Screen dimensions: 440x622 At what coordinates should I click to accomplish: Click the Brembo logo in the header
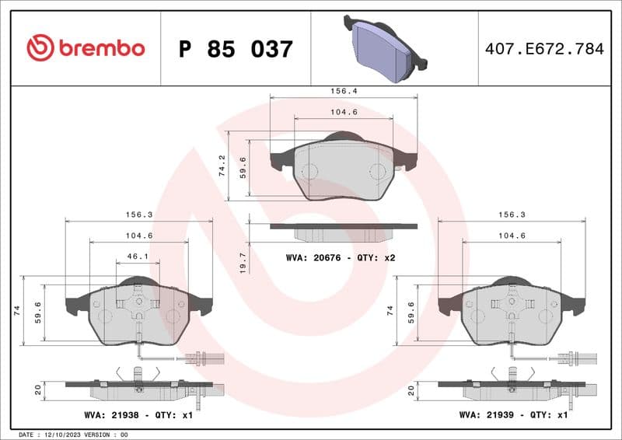[x=86, y=48]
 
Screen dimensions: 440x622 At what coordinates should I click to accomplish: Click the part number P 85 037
[x=236, y=49]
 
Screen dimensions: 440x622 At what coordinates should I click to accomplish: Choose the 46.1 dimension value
[x=138, y=256]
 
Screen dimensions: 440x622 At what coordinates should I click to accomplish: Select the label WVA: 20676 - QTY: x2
[x=341, y=257]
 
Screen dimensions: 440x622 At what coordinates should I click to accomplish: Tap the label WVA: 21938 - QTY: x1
[x=138, y=416]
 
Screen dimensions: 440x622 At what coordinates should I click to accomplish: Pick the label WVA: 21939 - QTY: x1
[x=513, y=416]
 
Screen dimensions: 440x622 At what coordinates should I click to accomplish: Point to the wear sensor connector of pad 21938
[x=204, y=358]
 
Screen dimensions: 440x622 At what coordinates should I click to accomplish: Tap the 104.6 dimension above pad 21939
[x=511, y=236]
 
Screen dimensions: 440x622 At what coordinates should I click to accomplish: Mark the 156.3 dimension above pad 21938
[x=138, y=215]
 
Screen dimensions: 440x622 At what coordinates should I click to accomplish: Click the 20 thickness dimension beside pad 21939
[x=411, y=389]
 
